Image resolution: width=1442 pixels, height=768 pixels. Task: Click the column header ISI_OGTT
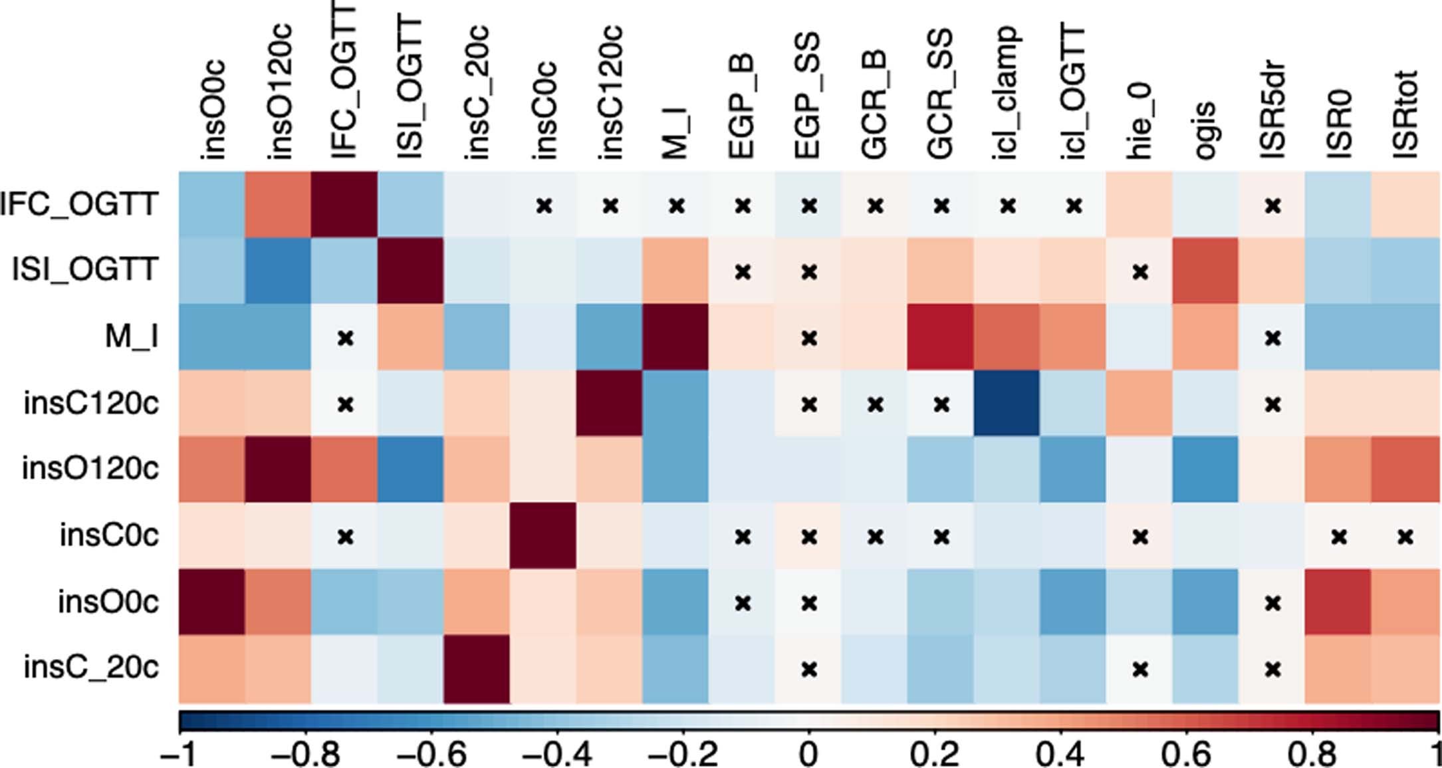[x=410, y=90]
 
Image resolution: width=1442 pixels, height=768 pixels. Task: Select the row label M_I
[x=132, y=336]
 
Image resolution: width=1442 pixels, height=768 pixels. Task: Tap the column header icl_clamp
[x=1005, y=93]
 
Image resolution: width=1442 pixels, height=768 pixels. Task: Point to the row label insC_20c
[x=91, y=667]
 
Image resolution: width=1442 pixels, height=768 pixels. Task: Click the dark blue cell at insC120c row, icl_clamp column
[x=1007, y=403]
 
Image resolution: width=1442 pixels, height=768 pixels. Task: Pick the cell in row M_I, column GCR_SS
[x=940, y=336]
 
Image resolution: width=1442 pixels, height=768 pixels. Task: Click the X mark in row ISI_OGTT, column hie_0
[x=1140, y=271]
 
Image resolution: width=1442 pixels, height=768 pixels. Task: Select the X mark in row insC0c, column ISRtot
[x=1404, y=536]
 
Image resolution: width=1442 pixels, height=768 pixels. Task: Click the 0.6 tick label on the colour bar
[x=1186, y=755]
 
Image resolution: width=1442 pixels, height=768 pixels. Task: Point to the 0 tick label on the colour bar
[x=808, y=755]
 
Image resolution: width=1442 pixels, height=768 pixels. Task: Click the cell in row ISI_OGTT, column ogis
[x=1205, y=271]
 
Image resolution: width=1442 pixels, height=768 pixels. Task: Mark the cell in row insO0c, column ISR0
[x=1338, y=602]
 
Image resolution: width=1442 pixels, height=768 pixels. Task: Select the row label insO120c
[x=90, y=469]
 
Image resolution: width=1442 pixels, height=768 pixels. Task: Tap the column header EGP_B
[x=741, y=106]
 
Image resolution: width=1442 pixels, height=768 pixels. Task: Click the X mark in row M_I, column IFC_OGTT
[x=344, y=338]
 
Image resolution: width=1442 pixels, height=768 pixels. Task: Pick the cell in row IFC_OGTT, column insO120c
[x=278, y=204]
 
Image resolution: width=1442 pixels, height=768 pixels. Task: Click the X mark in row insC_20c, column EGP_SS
[x=808, y=668]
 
